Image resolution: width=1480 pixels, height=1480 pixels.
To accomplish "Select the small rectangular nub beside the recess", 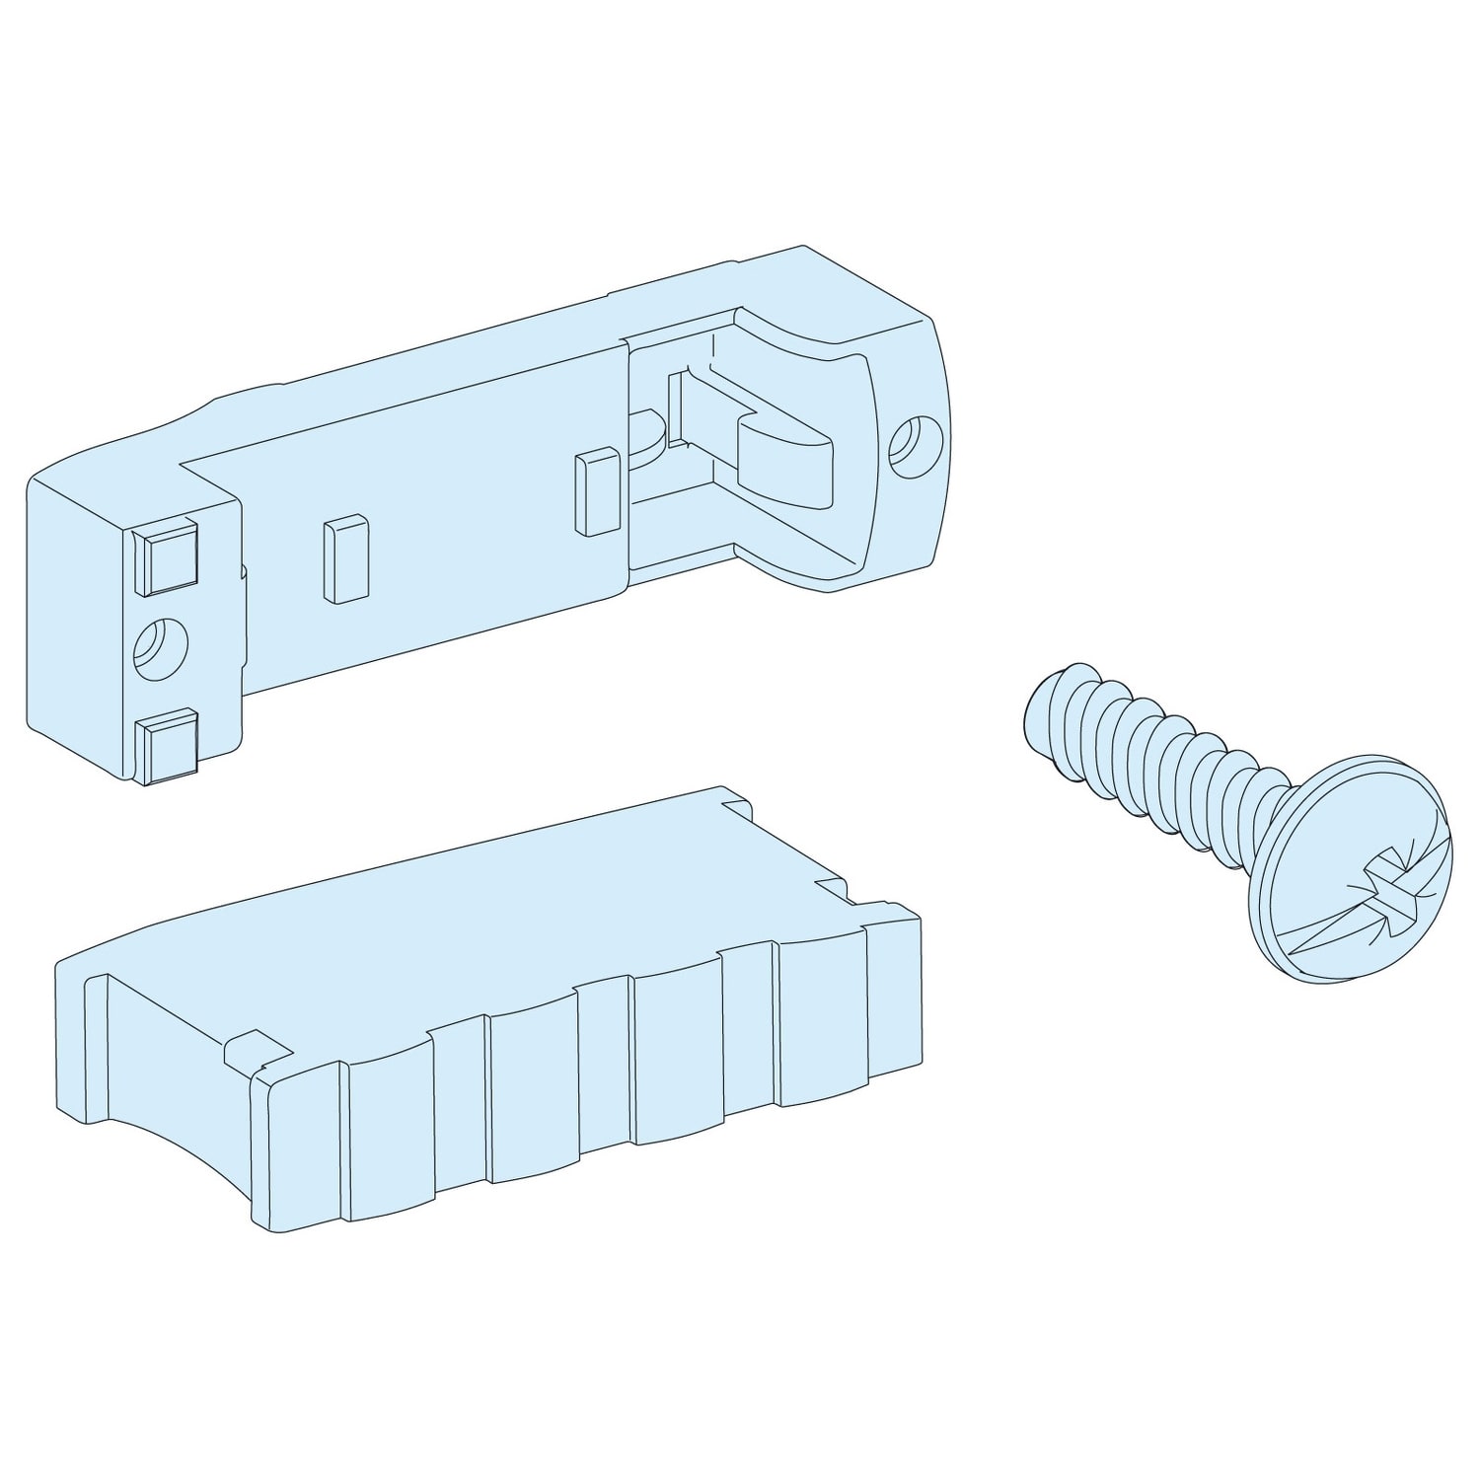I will [x=597, y=492].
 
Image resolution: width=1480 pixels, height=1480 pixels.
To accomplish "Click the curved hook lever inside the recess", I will [x=779, y=454].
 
